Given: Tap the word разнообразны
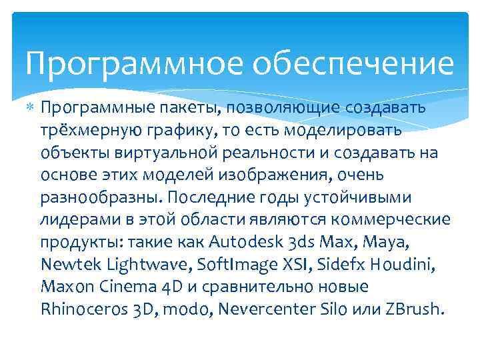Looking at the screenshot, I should click(x=101, y=198).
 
